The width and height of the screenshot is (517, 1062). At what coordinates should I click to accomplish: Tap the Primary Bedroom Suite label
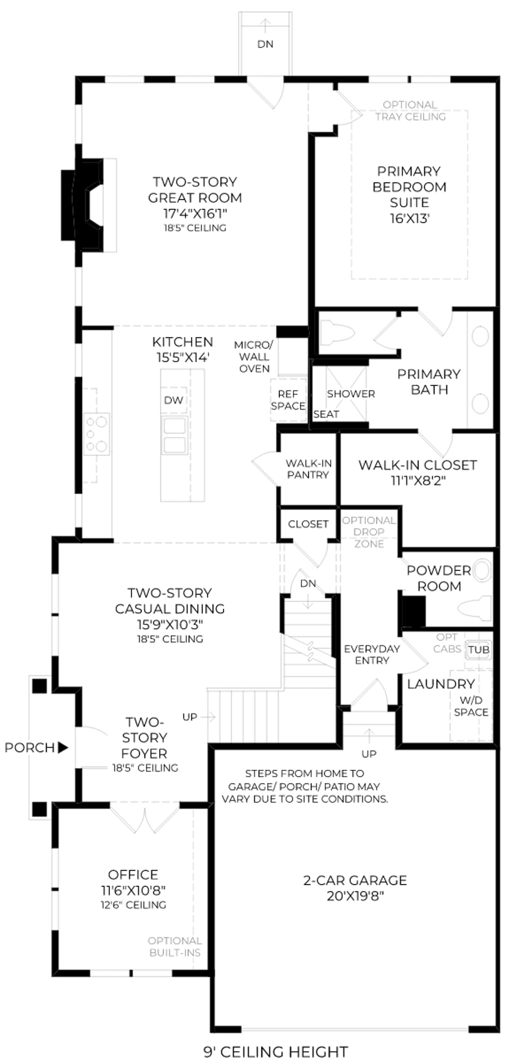point(409,194)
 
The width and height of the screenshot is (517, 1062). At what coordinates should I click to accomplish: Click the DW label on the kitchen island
point(173,400)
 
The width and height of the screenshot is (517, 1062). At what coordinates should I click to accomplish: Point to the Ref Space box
point(288,400)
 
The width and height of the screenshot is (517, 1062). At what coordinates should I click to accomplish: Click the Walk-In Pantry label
point(308,469)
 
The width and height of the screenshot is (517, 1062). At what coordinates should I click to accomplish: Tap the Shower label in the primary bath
point(351,394)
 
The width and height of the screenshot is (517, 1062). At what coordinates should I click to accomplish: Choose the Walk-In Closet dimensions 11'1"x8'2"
point(418,481)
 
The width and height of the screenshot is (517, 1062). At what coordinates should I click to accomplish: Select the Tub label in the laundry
point(479,650)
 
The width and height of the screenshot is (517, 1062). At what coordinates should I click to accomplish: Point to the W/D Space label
point(471,706)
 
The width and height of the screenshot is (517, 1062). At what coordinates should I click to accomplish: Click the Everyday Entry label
point(372,655)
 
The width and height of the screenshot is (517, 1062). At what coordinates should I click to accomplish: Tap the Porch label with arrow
point(36,748)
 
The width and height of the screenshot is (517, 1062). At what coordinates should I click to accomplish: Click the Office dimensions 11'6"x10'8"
point(133,891)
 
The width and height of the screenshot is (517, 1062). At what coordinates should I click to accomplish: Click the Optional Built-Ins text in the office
point(175,947)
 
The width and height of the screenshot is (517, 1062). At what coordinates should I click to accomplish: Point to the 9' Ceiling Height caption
point(276,1052)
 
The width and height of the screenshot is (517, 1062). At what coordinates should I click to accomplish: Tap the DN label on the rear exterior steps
point(265,44)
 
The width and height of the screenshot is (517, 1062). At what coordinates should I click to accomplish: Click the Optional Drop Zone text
point(369,532)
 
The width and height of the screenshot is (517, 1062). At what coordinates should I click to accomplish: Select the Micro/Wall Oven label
point(254,357)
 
